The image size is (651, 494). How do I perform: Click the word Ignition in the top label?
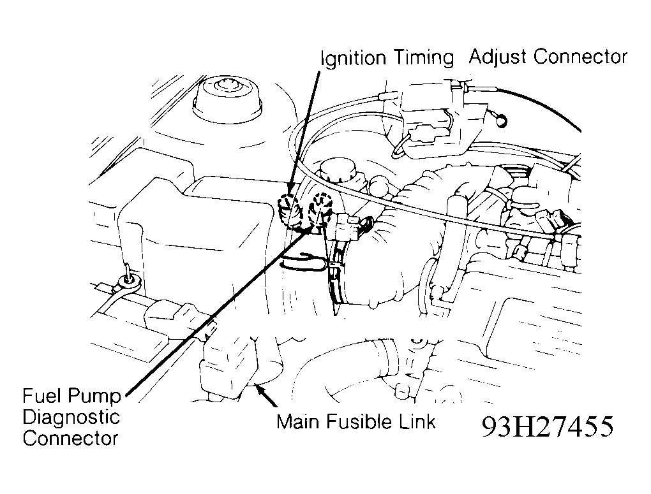tap(354, 59)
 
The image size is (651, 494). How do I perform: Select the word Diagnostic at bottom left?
tap(71, 418)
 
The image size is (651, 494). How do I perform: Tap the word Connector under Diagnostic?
tap(70, 439)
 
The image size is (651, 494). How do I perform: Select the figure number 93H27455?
tap(547, 426)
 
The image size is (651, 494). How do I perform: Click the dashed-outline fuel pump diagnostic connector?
tap(321, 210)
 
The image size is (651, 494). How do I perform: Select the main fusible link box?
tap(229, 365)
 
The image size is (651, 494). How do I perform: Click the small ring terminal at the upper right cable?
tap(501, 120)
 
